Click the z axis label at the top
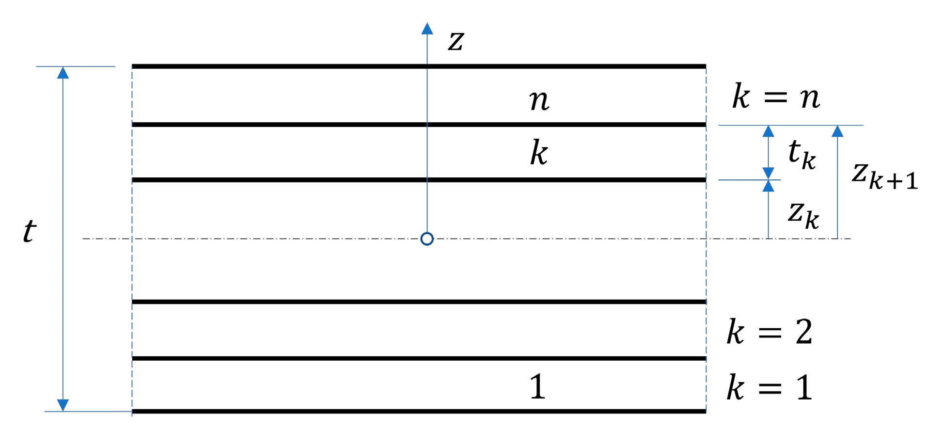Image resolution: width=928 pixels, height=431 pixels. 456,41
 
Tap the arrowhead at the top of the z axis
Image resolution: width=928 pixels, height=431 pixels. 427,29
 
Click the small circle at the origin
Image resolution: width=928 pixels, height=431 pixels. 427,239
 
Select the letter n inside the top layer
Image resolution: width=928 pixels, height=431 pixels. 539,100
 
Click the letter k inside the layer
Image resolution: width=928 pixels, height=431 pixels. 539,153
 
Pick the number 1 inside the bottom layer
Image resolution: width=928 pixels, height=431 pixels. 537,387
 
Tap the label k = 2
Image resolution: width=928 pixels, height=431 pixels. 770,333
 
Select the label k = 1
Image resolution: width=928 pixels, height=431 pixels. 770,388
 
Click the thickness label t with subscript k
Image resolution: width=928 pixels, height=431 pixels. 802,154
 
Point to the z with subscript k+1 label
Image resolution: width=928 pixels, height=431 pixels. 884,176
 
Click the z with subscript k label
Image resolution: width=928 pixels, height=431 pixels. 803,214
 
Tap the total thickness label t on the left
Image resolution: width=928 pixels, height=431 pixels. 30,231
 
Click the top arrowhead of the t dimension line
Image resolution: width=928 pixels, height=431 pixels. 63,73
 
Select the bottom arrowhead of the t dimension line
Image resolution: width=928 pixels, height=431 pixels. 63,405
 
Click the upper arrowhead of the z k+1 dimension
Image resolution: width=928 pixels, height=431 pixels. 837,131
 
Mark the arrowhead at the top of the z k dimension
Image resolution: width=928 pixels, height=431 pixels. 768,186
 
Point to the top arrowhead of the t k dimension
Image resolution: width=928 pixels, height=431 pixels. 768,131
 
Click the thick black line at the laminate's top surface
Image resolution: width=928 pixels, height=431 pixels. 419,66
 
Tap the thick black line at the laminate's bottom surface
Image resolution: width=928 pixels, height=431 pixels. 419,412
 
